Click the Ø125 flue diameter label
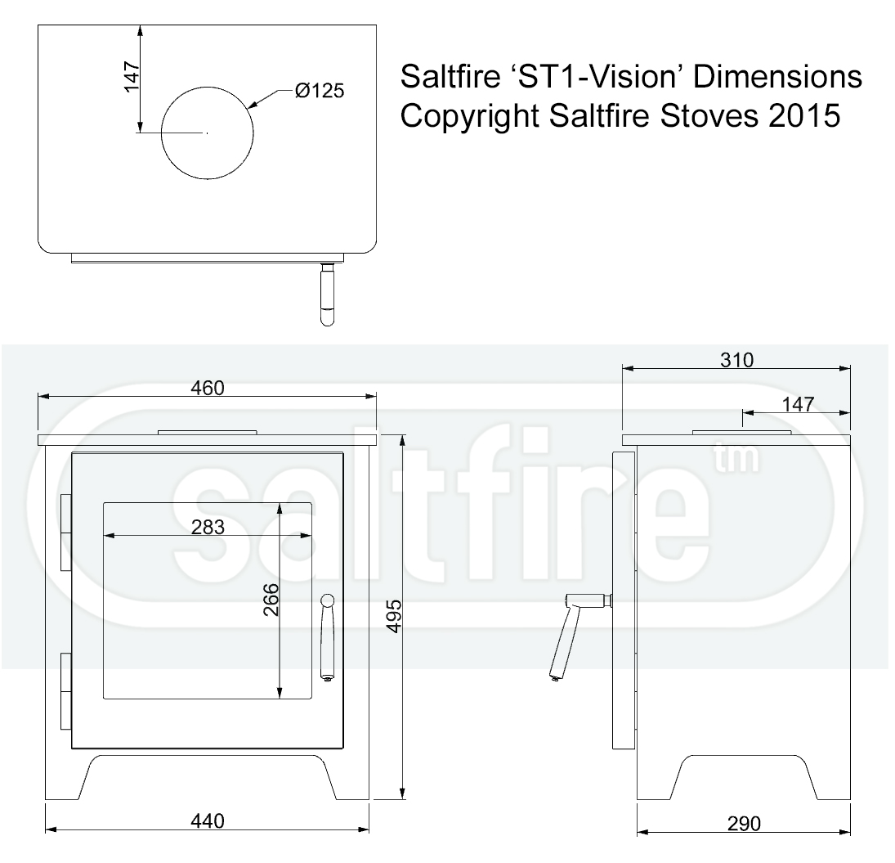320,91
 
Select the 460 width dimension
207,388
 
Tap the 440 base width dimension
207,820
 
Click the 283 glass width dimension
207,528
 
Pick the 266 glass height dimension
271,600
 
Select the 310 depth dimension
736,360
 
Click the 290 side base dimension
743,823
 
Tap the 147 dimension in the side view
797,404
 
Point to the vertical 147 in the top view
132,78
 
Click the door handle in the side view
572,630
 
